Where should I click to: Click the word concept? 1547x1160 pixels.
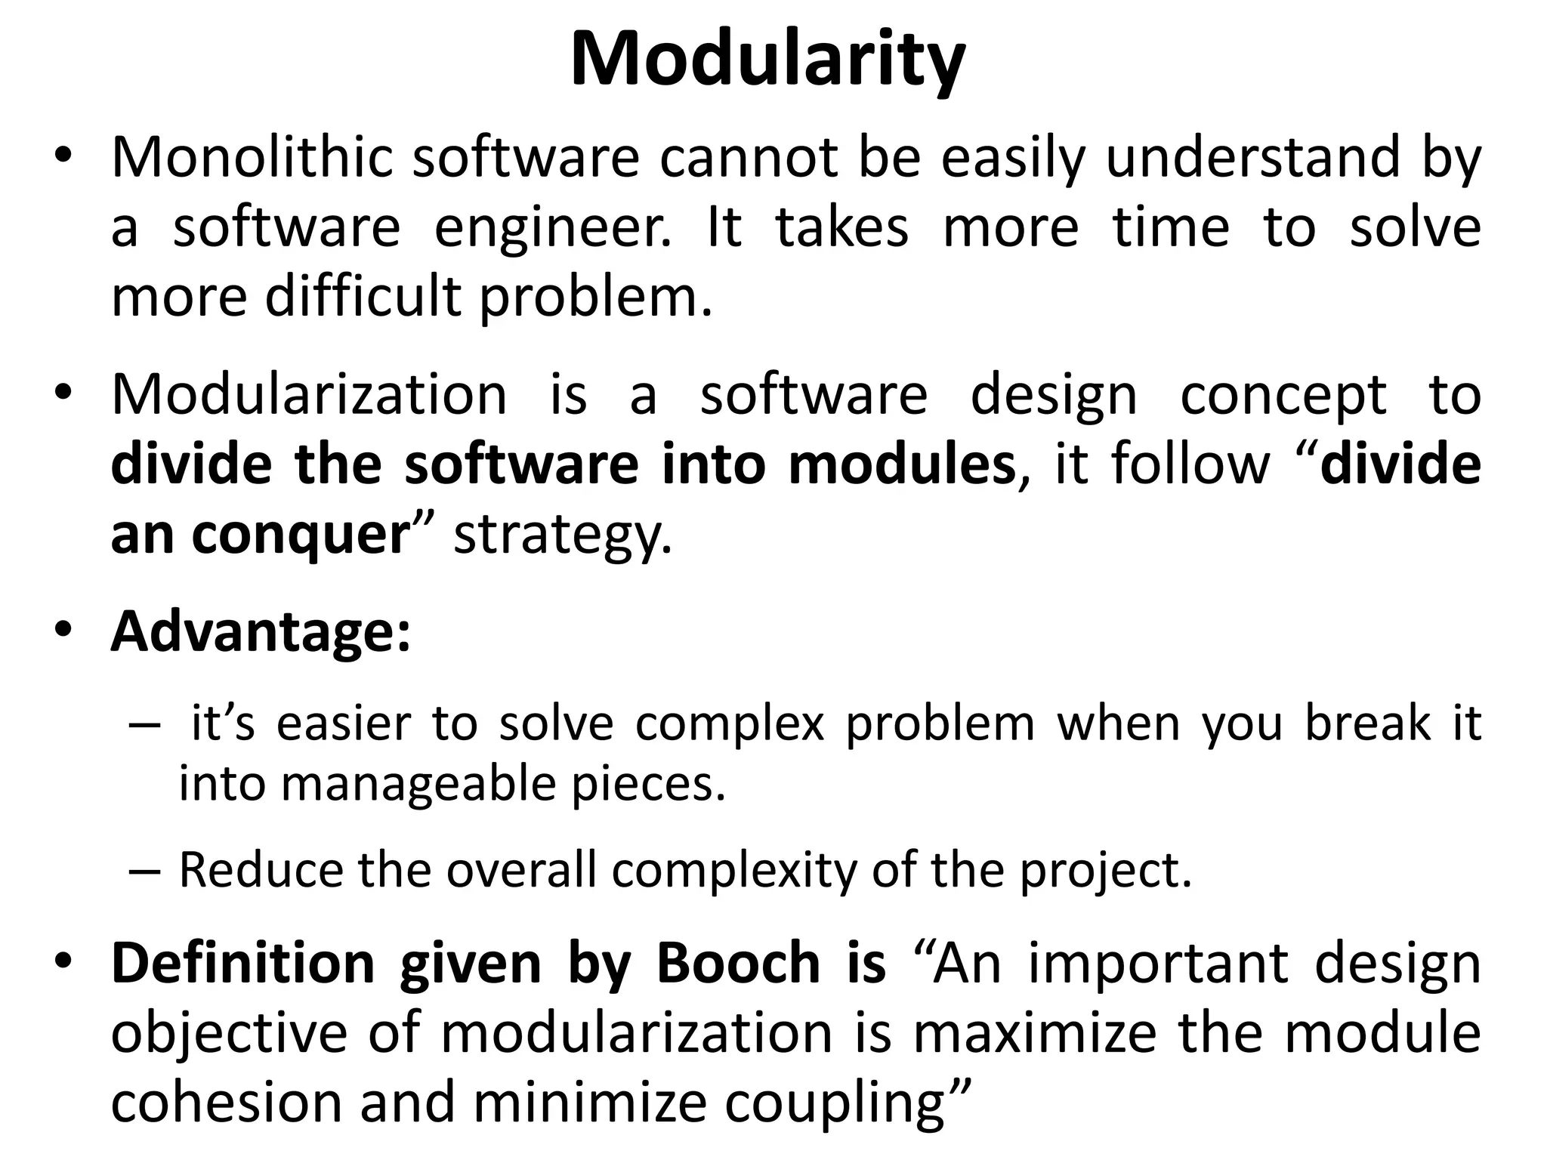click(x=1283, y=396)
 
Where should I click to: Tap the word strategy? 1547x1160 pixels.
click(x=562, y=536)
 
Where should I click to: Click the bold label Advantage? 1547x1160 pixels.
click(x=261, y=631)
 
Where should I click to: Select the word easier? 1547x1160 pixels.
click(x=344, y=723)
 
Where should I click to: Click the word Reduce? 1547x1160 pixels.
click(x=261, y=870)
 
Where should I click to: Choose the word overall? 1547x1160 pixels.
click(x=521, y=870)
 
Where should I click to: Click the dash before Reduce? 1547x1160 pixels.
click(x=145, y=871)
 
